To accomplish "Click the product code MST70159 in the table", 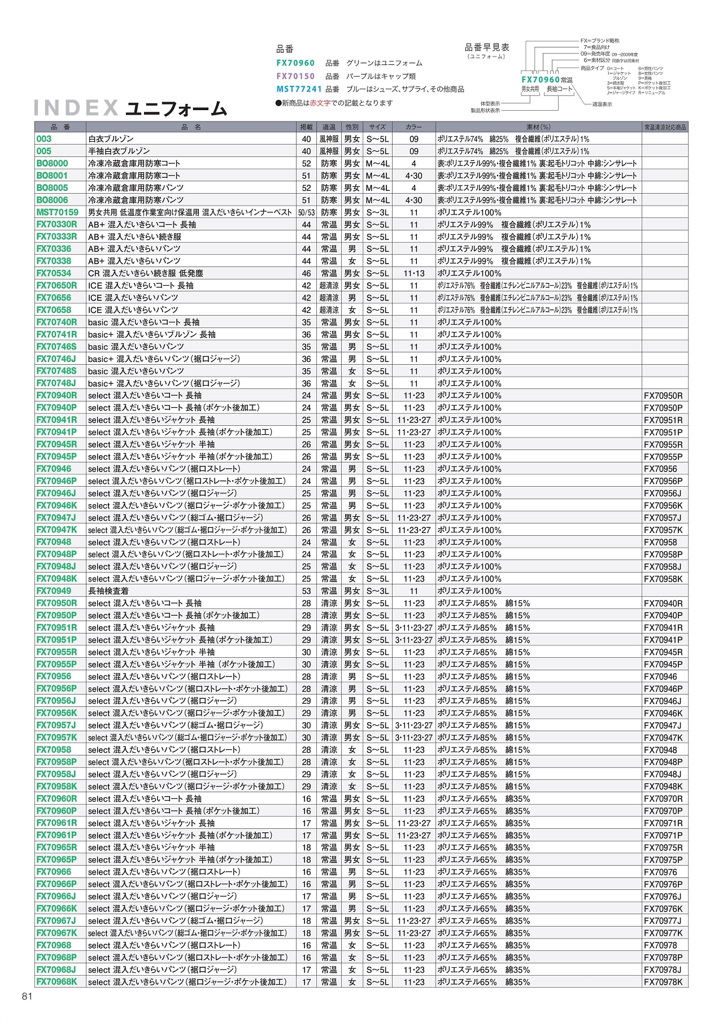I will [x=58, y=212].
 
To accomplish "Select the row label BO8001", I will [x=52, y=176].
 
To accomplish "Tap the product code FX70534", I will [x=54, y=273].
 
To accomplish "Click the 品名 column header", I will [x=191, y=127].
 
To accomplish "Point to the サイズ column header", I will [x=377, y=127].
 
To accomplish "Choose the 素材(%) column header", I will [x=538, y=127].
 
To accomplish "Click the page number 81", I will [x=27, y=996].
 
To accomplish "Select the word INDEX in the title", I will [x=76, y=108].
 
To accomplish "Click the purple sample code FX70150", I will [x=295, y=76].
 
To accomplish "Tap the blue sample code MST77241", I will [x=299, y=89].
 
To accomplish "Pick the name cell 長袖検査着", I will [x=108, y=591].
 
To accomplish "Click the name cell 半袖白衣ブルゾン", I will [x=119, y=151].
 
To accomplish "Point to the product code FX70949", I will [x=54, y=591].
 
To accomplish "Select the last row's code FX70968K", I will [x=56, y=981].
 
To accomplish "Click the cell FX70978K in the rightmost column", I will [x=663, y=982].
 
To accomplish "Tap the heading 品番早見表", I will [x=487, y=47].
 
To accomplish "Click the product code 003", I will [x=44, y=139].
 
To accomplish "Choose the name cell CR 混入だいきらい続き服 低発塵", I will [x=145, y=273].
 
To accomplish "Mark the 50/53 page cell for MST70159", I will [x=306, y=212].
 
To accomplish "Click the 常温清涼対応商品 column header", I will [x=665, y=127].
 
